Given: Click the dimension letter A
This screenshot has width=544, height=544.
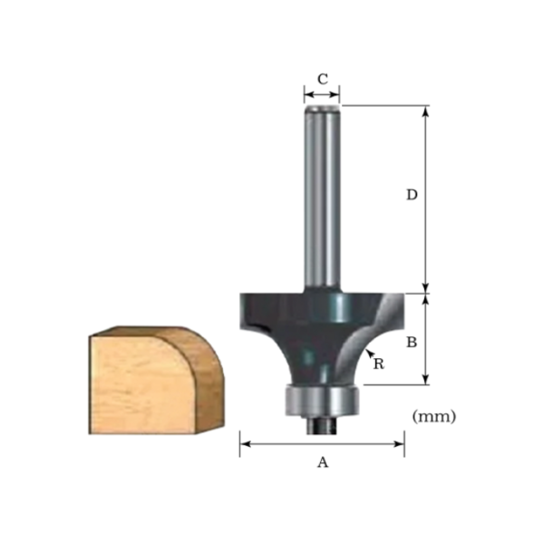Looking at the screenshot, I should pos(322,462).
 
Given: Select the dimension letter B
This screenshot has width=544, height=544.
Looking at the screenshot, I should pos(411,343).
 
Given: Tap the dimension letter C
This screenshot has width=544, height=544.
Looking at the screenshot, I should pos(322,78).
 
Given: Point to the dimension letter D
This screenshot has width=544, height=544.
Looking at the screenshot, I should pos(411,195).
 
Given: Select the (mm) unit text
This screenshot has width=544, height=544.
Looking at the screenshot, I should pos(433,416).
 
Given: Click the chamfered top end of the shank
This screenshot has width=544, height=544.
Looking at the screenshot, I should pos(322,110).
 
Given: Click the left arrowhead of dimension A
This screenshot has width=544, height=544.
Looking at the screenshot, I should pos(243,444).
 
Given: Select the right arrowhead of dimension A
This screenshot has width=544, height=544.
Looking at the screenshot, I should pos(401,444).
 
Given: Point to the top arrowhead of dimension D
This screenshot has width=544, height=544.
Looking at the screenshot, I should pos(425,110).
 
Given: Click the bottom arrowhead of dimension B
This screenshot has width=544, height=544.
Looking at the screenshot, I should pos(425,381).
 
